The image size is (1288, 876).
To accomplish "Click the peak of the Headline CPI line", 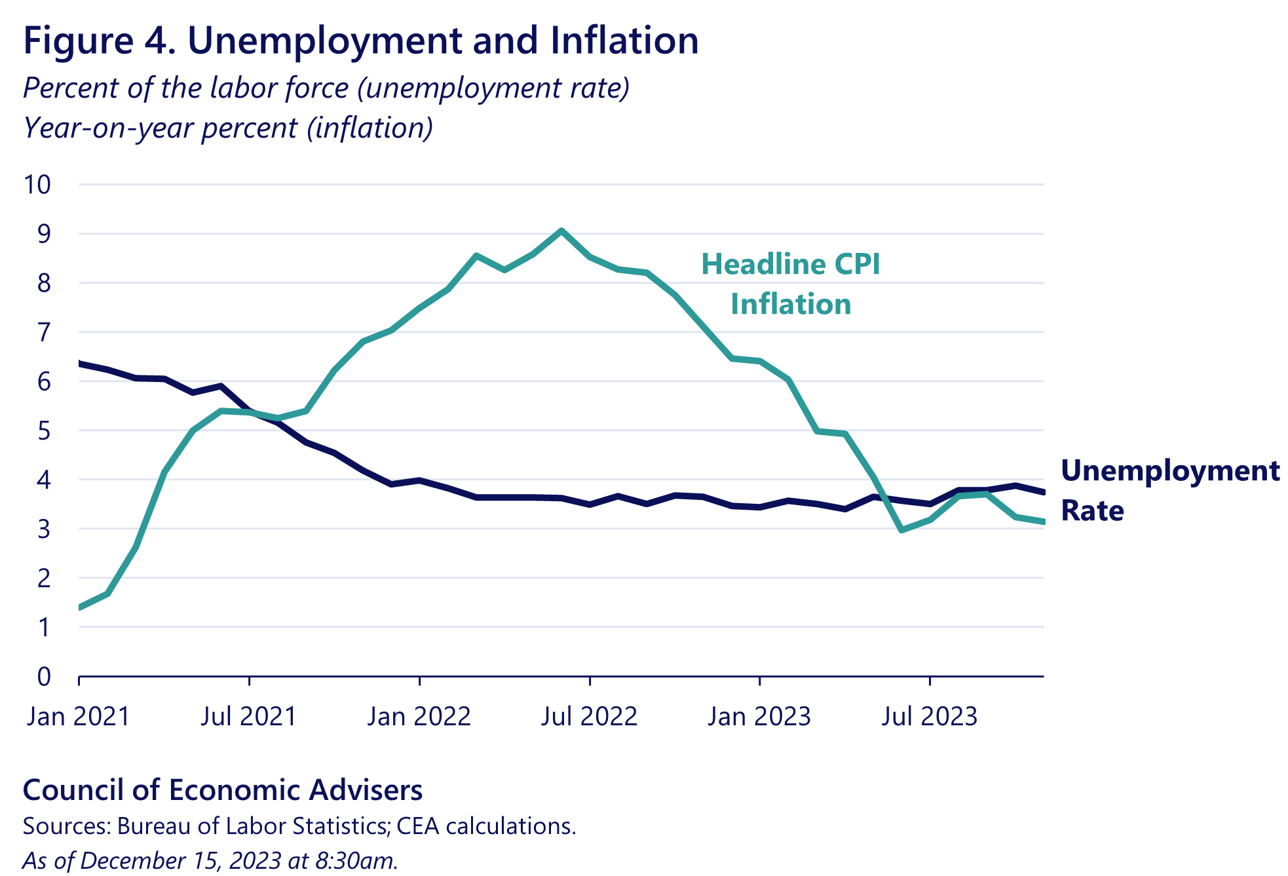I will pos(561,231).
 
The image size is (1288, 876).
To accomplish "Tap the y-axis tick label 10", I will pos(37,185).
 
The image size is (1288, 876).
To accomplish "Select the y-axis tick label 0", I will pos(43,676).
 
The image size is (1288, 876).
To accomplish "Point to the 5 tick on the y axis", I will pos(43,431).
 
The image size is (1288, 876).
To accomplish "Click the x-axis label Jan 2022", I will pos(419,716).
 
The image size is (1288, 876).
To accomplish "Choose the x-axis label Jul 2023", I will pos(929,716).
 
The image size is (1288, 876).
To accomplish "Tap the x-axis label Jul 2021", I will pos(248,716).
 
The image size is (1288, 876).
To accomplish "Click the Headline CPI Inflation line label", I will pos(791,284).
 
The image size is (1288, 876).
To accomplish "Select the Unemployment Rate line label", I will pos(1169,490).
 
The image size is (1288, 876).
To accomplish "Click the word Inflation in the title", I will pos(624,41).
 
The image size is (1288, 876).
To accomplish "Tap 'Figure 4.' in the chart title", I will pos(99,41).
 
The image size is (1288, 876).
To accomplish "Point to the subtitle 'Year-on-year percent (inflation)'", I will pos(228,128).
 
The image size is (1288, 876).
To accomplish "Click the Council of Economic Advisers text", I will pos(223,790).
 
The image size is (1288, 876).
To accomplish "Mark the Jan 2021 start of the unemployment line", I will pos(81,363).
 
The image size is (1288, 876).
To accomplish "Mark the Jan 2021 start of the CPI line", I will pos(81,607).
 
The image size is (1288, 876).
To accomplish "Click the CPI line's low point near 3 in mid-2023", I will pos(902,529).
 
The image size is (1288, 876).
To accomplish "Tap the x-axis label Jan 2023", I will pos(759,716).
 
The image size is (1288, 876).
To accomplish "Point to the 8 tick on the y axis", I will pos(43,284).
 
